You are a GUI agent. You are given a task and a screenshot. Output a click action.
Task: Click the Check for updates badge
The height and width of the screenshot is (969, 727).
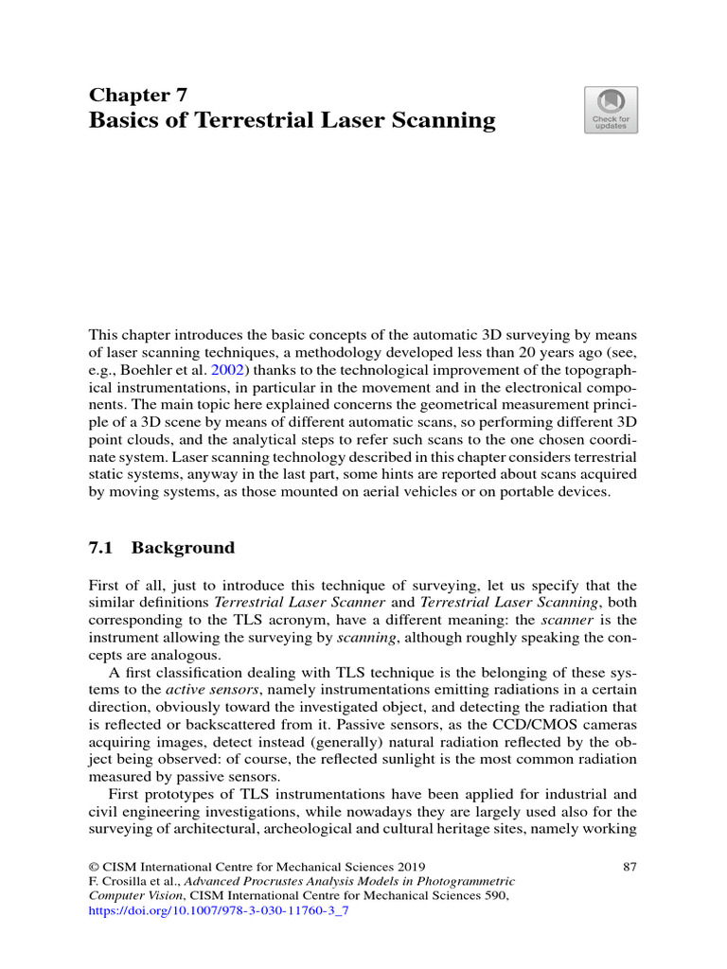tap(612, 110)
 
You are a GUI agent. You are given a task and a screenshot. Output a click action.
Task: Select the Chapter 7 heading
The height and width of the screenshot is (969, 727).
tap(137, 94)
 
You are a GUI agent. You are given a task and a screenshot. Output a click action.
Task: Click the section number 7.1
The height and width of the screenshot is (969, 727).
tap(100, 548)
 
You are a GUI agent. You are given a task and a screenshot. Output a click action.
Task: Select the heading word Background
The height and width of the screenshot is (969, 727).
tap(183, 548)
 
